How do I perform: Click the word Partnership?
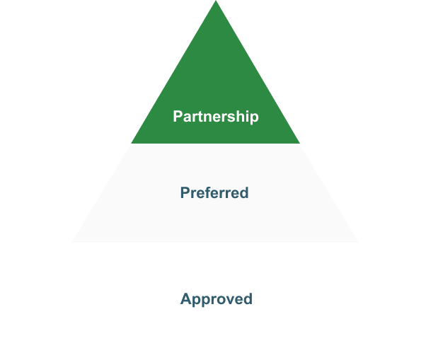pyautogui.click(x=216, y=117)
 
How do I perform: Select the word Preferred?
pyautogui.click(x=214, y=193)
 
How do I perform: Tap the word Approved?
pyautogui.click(x=217, y=299)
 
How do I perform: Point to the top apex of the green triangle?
pyautogui.click(x=216, y=1)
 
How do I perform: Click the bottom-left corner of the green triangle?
pyautogui.click(x=131, y=143)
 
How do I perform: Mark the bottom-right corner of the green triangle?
pyautogui.click(x=299, y=143)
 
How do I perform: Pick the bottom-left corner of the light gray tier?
pyautogui.click(x=71, y=242)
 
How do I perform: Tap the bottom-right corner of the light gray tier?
pyautogui.click(x=358, y=242)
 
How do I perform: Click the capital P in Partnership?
pyautogui.click(x=178, y=116)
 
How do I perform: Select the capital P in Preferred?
pyautogui.click(x=185, y=193)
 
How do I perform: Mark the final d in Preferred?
pyautogui.click(x=244, y=193)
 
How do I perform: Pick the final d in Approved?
pyautogui.click(x=248, y=298)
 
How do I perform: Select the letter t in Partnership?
pyautogui.click(x=201, y=117)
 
